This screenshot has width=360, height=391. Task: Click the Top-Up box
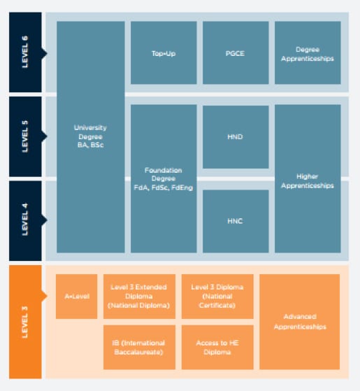(164, 52)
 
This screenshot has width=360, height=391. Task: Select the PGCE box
(236, 52)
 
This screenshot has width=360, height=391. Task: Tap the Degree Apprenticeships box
(308, 52)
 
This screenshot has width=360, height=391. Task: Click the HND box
(236, 137)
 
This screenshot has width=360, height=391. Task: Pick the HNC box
(236, 221)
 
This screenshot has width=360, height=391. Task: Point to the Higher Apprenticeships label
(308, 181)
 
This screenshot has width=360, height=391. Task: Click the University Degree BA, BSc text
(90, 136)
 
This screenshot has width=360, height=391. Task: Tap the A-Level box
(76, 297)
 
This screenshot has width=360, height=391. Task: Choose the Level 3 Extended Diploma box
(139, 297)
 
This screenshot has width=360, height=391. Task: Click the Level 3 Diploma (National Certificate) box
(217, 297)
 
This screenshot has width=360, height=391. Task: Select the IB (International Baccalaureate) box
(139, 347)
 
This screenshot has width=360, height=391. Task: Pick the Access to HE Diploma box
(217, 347)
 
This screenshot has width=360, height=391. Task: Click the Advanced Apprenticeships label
(300, 322)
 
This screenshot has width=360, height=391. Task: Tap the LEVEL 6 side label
(25, 52)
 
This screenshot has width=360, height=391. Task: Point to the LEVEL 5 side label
(25, 136)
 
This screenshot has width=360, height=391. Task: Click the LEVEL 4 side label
(25, 220)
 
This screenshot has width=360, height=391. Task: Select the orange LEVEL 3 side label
(25, 322)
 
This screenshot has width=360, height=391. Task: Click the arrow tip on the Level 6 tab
(47, 53)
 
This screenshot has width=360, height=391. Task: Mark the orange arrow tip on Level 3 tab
(47, 297)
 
